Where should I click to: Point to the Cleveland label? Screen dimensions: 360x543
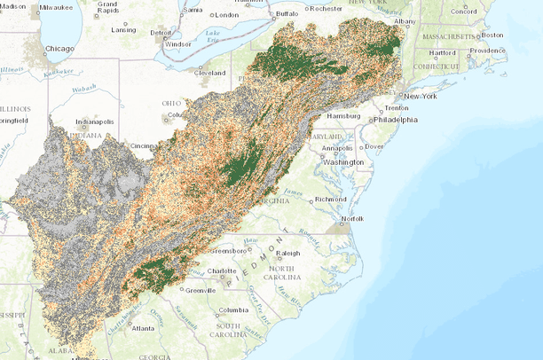point(210,72)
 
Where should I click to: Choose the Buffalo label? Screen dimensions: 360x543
point(287,14)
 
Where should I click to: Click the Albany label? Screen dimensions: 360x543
point(405,20)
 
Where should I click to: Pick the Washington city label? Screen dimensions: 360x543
point(343,162)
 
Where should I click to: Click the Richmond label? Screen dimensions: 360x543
point(331,199)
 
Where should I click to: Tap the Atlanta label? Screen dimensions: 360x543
point(143,327)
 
